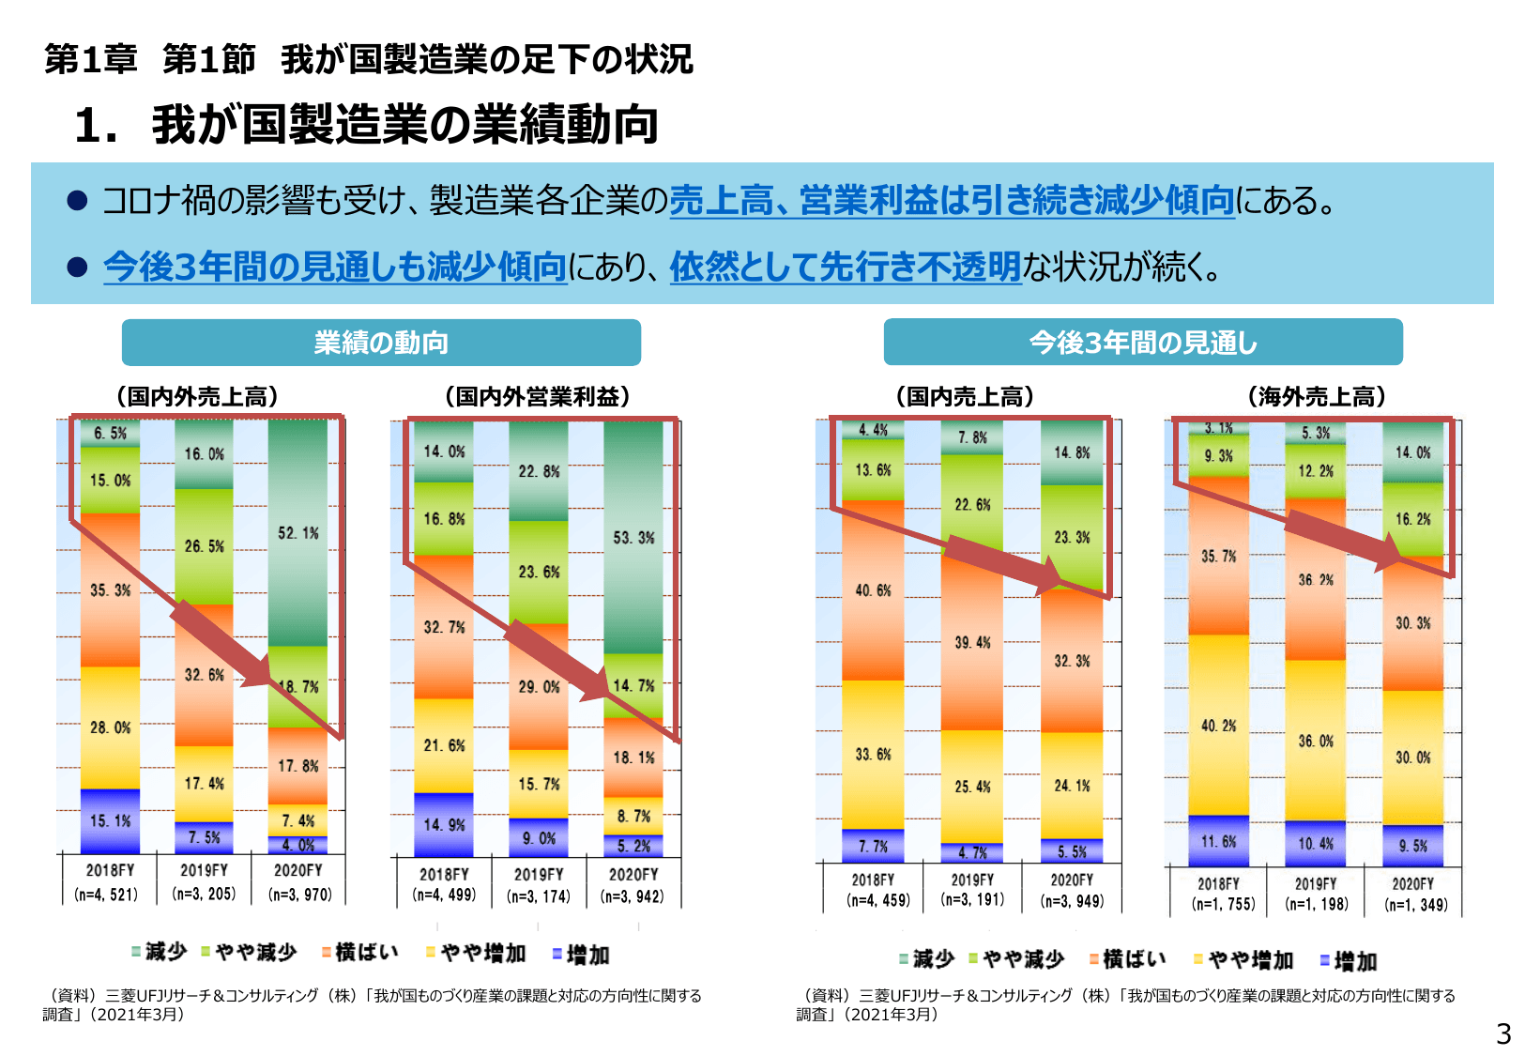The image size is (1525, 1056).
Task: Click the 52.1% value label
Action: coord(298,533)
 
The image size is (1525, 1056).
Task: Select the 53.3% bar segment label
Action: coord(633,538)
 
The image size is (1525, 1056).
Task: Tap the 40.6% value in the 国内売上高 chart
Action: coord(873,590)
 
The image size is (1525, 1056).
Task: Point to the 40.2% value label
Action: coord(1218,726)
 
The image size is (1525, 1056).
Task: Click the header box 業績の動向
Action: coord(381,343)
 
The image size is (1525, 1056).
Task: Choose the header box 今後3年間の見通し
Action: coord(1142,343)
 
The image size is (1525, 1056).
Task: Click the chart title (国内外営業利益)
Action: coord(537,396)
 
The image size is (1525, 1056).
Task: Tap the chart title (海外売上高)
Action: coord(1316,396)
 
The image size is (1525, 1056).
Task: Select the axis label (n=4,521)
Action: coord(106,895)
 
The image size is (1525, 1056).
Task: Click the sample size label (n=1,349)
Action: coord(1415,905)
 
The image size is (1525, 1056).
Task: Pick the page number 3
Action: coord(1503,1033)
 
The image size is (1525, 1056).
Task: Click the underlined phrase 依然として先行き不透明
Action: coord(845,268)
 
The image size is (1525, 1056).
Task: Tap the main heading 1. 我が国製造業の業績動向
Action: coord(366,125)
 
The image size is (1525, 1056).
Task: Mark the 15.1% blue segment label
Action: coord(110,821)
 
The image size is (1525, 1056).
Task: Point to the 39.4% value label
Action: coord(972,643)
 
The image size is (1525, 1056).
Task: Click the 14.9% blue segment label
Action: coord(444,825)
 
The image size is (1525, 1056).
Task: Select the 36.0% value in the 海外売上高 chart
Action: coord(1316,742)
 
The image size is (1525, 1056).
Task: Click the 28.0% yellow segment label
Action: coord(110,727)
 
